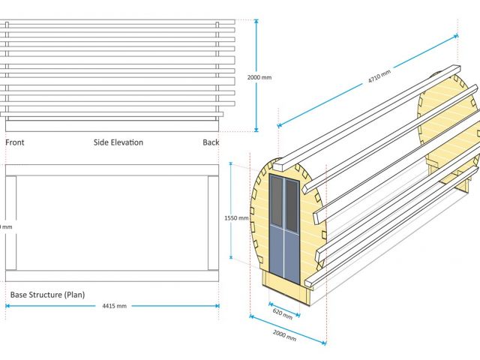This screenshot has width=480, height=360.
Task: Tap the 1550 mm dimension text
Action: coord(236,218)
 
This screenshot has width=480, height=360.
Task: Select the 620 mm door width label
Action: coord(283,311)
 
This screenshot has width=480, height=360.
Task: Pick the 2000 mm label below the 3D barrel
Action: coord(284,334)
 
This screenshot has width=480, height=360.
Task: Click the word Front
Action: coord(15,142)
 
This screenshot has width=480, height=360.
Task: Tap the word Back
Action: coord(211,142)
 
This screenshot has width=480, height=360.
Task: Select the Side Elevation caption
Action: coord(118,142)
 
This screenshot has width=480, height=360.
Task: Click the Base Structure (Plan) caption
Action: coord(47,295)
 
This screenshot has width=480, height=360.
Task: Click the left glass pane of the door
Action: coord(277,202)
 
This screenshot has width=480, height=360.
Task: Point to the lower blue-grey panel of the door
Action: coord(284,255)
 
